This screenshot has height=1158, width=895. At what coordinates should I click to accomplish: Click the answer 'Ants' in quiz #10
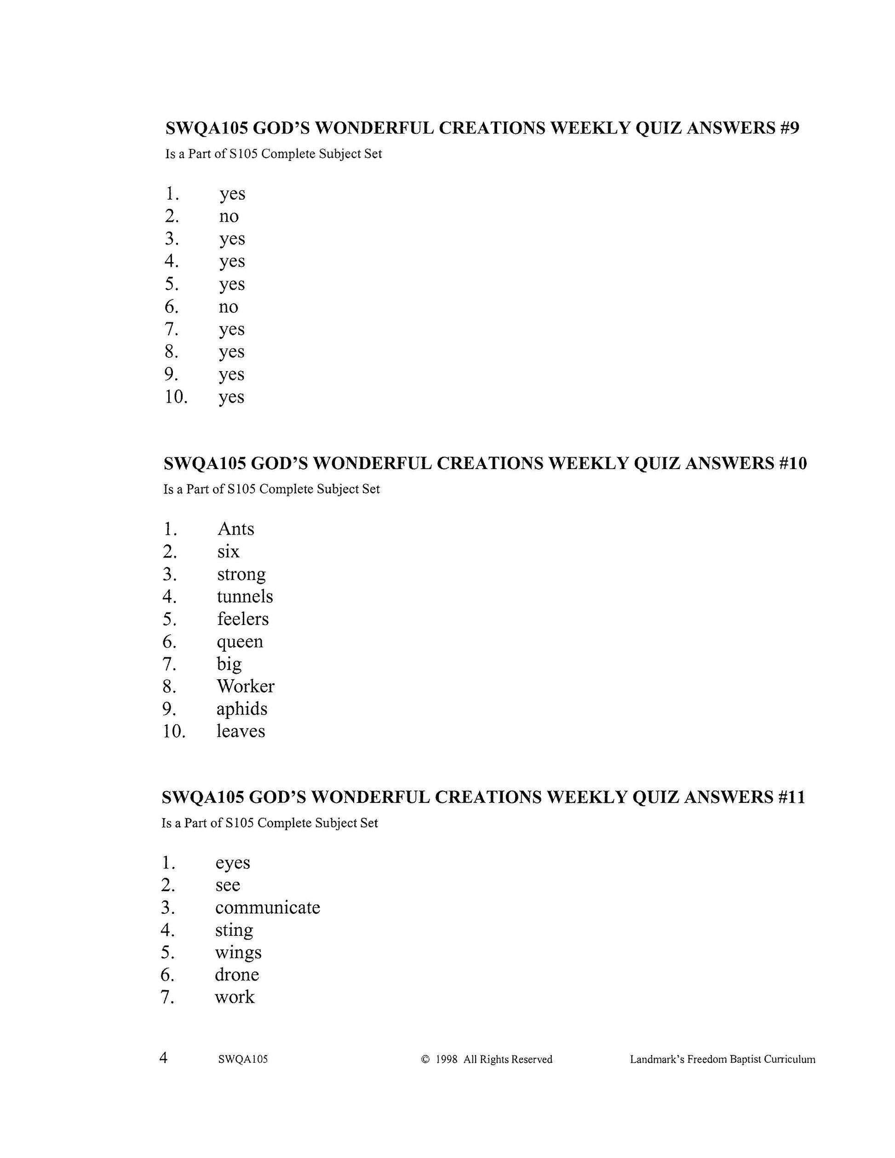[x=235, y=529]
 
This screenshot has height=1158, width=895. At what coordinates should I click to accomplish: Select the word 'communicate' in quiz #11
[x=267, y=907]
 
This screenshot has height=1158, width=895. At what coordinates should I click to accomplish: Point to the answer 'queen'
[x=240, y=642]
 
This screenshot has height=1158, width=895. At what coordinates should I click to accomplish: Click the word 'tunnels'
[x=245, y=596]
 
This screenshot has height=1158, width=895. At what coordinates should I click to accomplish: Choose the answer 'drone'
[x=236, y=975]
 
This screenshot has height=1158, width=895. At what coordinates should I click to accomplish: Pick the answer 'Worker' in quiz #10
[x=246, y=686]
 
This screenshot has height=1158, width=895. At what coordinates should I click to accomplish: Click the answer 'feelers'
[x=243, y=619]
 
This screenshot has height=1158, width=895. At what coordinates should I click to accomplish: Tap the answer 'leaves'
[x=241, y=731]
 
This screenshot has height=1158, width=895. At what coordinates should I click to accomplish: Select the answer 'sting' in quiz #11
[x=234, y=930]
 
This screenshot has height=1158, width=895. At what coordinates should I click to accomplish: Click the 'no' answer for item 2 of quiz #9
[x=229, y=216]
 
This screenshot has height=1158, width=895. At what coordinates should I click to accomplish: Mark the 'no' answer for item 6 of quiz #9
[x=229, y=307]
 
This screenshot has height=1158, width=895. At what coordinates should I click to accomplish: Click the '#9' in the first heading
[x=789, y=128]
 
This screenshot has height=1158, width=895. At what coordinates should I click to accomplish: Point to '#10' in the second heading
[x=793, y=464]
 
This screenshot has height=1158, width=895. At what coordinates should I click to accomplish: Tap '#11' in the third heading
[x=791, y=797]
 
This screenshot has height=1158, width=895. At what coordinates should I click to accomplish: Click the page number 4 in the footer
[x=163, y=1058]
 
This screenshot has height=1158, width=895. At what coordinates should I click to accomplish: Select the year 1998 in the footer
[x=446, y=1060]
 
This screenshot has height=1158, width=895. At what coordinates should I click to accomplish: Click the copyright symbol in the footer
[x=425, y=1060]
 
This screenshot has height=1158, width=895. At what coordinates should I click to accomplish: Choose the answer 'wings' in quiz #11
[x=238, y=953]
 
